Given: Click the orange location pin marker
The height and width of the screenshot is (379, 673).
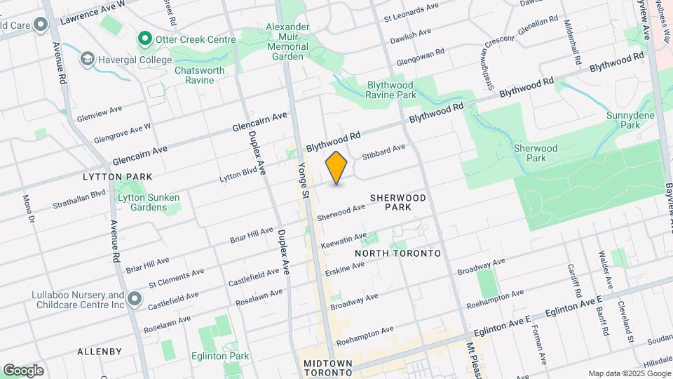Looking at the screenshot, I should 336,167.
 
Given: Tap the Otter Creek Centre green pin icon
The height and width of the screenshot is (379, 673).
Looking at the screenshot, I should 145,39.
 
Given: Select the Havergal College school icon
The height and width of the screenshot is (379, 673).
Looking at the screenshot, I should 88,59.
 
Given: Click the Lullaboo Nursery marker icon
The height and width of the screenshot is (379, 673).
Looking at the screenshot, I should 134,300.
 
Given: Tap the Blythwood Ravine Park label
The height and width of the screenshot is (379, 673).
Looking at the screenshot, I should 391,90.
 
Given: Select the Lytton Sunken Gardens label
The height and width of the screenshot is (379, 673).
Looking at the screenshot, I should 149,202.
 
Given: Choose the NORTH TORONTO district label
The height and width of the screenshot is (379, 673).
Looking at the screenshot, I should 397,253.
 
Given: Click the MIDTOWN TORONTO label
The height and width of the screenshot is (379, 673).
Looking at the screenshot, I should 332,368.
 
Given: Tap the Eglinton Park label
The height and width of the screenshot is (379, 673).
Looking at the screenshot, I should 220,356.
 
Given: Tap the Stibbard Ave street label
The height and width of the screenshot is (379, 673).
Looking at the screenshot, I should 383,151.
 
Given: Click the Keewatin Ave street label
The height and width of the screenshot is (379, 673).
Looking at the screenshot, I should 344,240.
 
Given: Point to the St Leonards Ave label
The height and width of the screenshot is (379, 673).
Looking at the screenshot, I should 412,10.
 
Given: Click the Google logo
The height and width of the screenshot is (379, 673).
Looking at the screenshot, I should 23,370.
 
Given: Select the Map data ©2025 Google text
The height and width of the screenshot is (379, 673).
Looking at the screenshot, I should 628,373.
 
